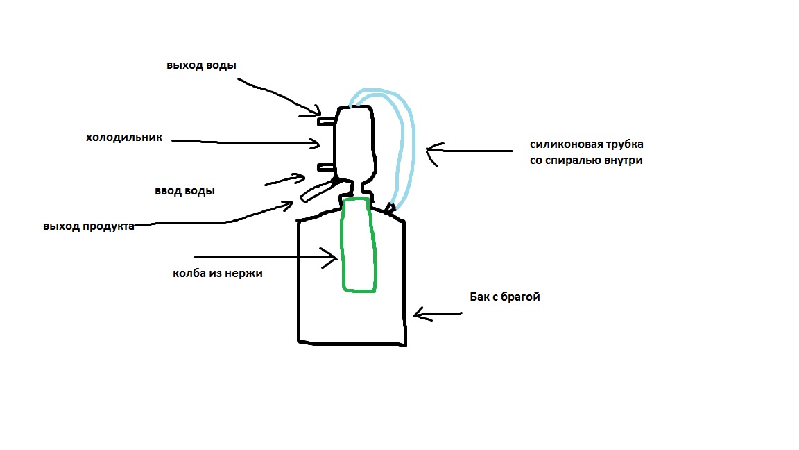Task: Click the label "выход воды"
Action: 201,65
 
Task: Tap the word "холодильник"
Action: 124,137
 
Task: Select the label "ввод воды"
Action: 184,191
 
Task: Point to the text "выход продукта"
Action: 89,226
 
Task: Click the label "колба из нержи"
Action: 218,273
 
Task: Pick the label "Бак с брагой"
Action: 504,297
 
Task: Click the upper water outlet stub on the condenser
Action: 327,121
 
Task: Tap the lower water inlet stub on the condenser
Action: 326,167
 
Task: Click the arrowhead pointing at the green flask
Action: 330,258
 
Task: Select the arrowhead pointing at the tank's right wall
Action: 421,315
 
